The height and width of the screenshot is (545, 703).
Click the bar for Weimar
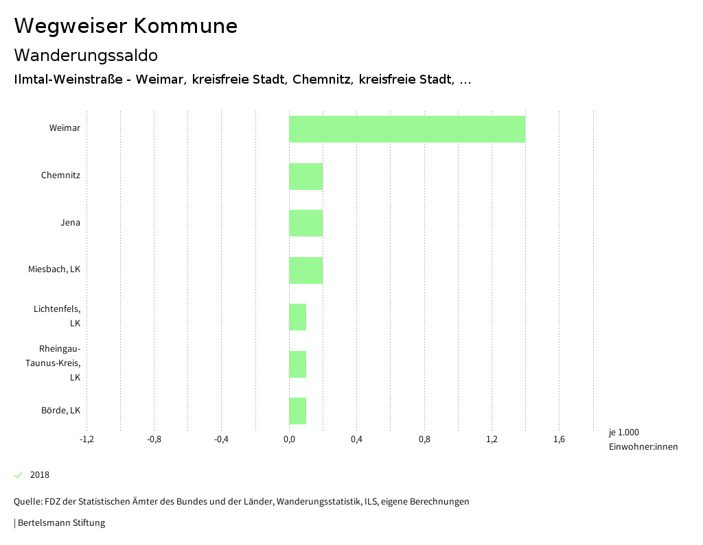click(x=407, y=129)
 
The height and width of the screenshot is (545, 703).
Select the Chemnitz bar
click(x=306, y=176)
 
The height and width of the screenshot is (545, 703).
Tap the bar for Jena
click(x=306, y=223)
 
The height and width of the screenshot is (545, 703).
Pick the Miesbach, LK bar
click(x=306, y=270)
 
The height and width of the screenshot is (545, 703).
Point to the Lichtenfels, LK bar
click(x=297, y=317)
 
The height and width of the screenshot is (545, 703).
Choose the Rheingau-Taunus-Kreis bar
click(x=297, y=364)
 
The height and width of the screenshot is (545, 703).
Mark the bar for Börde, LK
click(x=297, y=411)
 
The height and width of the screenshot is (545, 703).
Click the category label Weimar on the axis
click(x=65, y=128)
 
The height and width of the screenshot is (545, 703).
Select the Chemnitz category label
click(x=60, y=175)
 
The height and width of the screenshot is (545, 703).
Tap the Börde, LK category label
click(x=60, y=411)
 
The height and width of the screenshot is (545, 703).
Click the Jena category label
click(x=70, y=223)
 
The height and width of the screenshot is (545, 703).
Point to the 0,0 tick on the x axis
click(x=289, y=439)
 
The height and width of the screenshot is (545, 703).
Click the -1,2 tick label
click(x=87, y=439)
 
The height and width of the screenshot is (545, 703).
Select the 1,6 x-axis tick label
click(x=559, y=439)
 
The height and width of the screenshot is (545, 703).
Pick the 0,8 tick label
click(x=424, y=439)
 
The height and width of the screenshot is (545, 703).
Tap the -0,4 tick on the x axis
click(x=221, y=439)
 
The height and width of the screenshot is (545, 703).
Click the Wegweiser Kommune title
click(x=126, y=26)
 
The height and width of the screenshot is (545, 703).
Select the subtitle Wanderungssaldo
click(x=86, y=55)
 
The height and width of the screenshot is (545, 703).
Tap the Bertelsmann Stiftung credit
click(x=60, y=523)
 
